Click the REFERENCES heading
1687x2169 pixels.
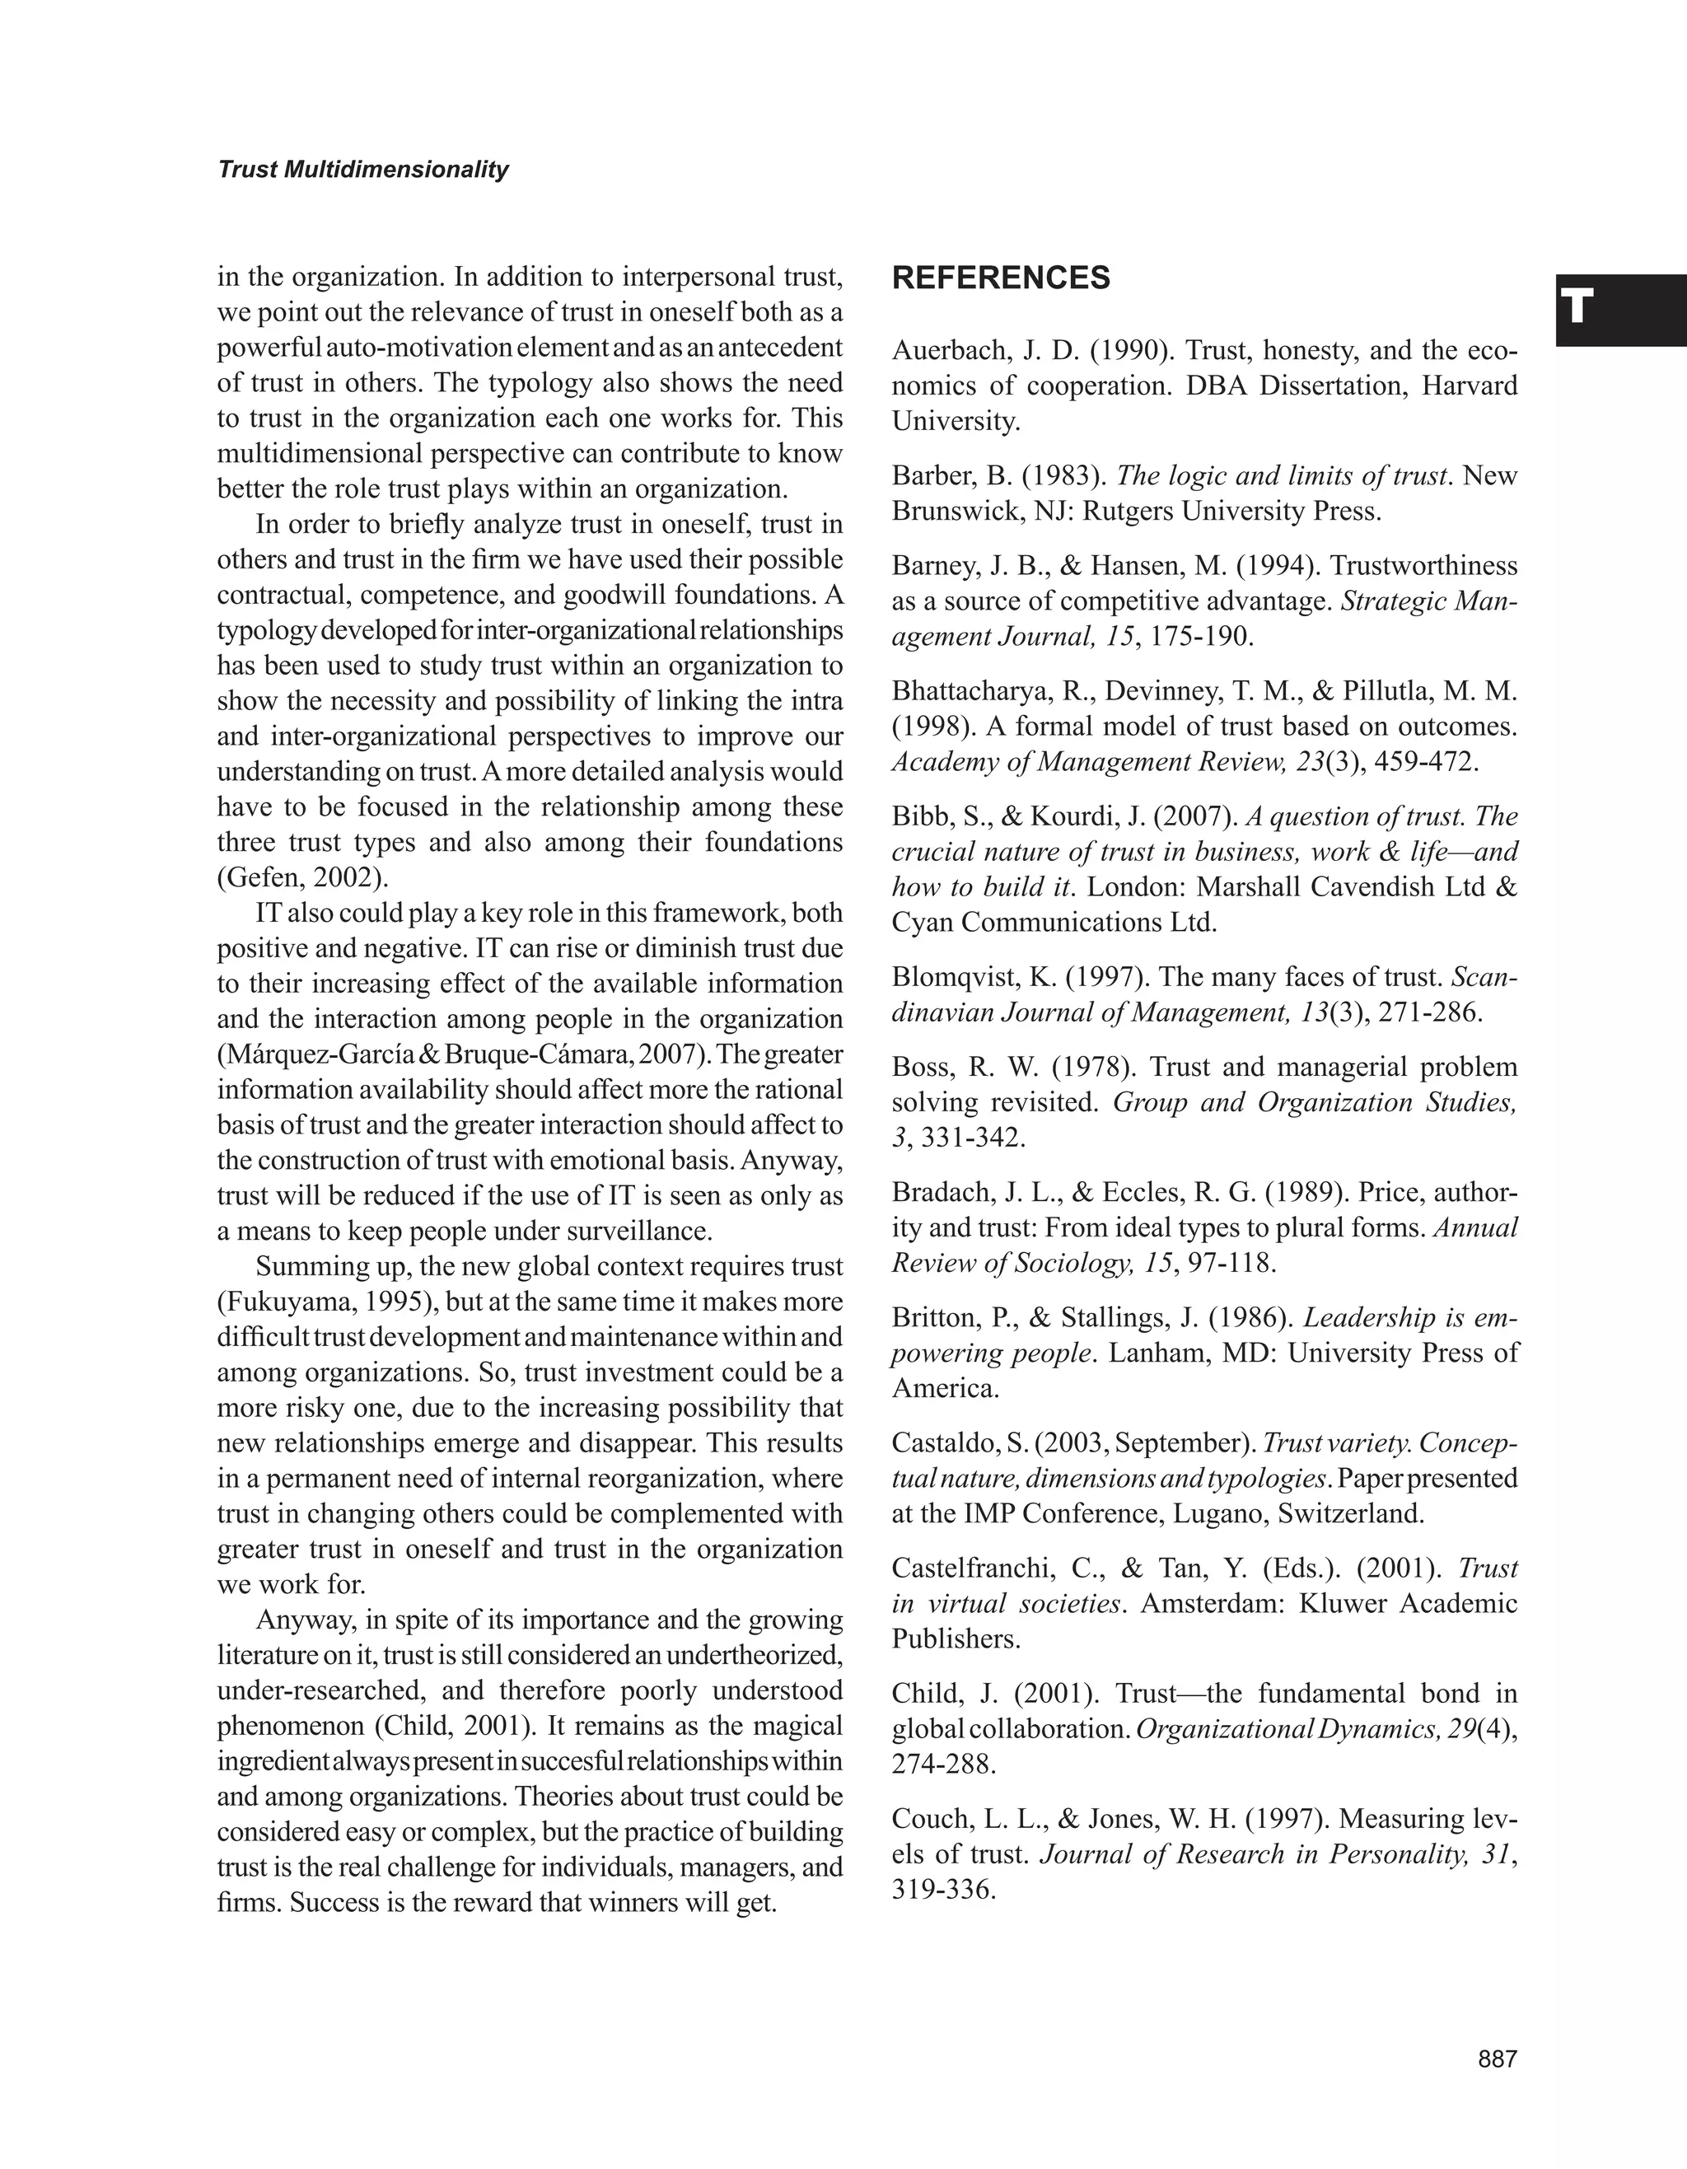pos(1001,278)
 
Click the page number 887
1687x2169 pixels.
pos(1498,2059)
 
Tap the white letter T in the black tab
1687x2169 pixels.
pos(1577,308)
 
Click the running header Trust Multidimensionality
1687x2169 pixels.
pos(362,170)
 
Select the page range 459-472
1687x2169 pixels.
pos(1425,762)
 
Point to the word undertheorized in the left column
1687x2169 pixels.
pos(754,1656)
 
